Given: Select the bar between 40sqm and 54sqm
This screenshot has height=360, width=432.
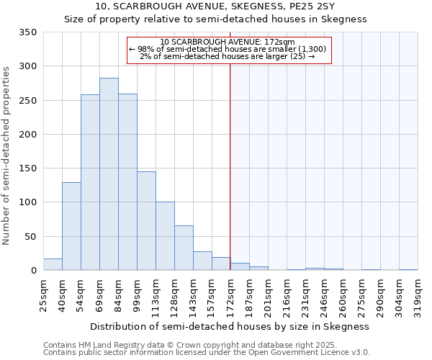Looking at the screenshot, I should [71, 226].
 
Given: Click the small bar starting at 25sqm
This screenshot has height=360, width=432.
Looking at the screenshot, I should [53, 264].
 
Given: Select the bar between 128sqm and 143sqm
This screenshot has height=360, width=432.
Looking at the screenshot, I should [184, 248].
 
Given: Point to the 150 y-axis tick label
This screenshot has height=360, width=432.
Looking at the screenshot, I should [27, 168].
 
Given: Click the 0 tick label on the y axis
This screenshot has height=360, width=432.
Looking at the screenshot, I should [33, 271].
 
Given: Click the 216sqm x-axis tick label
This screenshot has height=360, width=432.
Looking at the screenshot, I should [287, 294].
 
